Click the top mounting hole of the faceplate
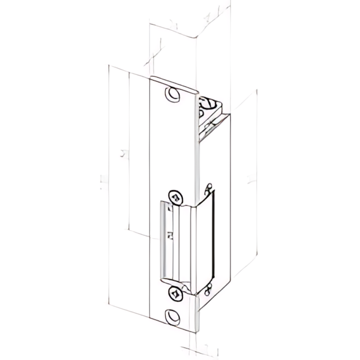tap(172, 94)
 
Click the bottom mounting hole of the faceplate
tap(172, 315)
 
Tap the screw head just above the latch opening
tap(175, 197)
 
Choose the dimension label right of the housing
tap(249, 181)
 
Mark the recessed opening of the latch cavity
tap(177, 240)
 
